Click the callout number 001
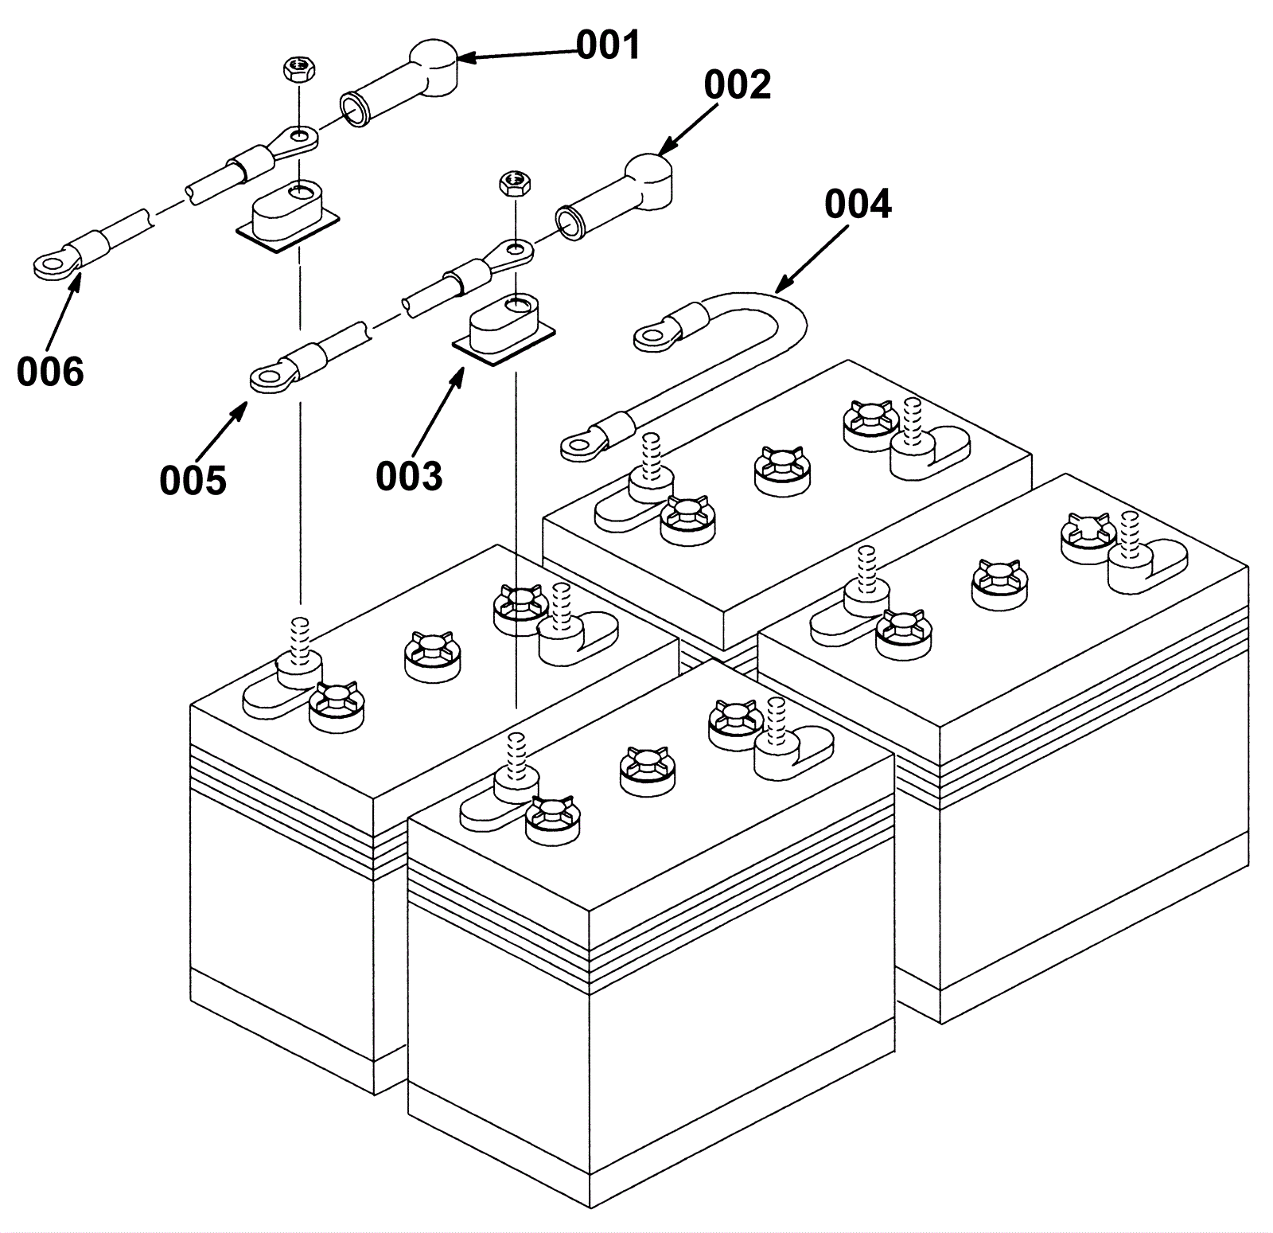click(x=608, y=45)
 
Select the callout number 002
click(x=737, y=85)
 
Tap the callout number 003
click(x=408, y=476)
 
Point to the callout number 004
click(x=857, y=205)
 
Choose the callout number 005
click(x=193, y=480)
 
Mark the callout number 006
click(x=49, y=372)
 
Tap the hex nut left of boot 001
click(x=298, y=69)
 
